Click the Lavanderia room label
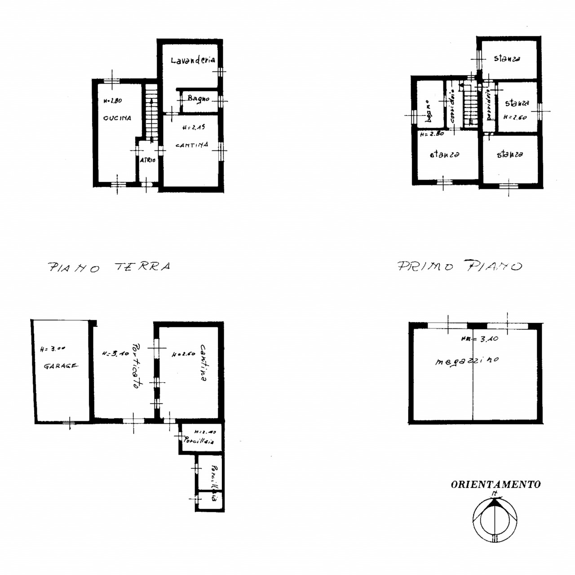pos(193,60)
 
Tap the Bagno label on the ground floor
pos(198,98)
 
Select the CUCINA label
pos(117,118)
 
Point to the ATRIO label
pos(147,160)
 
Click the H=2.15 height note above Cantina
pos(194,128)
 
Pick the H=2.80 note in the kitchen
pos(112,101)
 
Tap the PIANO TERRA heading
pos(109,267)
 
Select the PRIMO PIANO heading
pos(460,266)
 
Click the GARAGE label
pos(60,366)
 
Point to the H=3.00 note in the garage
pos(53,349)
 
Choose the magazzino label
pos(467,361)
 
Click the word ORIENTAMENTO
pos(495,484)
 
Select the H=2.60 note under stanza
pos(515,117)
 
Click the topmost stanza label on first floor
pos(507,58)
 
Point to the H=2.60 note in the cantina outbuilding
pos(183,354)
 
